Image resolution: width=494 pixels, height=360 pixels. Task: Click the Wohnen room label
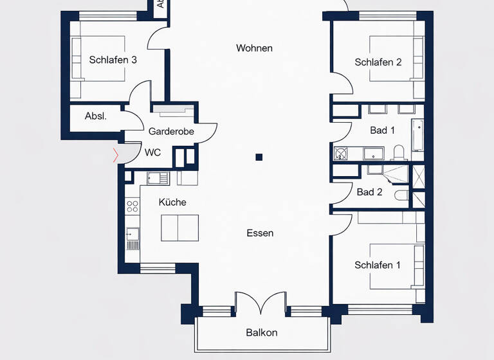coord(254,48)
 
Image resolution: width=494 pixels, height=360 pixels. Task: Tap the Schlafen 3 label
coord(113,60)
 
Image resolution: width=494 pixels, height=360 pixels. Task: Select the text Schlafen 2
coord(378,62)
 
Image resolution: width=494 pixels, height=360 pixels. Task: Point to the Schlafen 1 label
coord(378,265)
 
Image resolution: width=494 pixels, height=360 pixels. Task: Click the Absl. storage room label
coord(96,116)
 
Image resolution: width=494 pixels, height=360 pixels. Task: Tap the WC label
coord(152,152)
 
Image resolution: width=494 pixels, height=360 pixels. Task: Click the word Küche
coord(172,202)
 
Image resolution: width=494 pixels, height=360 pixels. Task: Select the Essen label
coord(260,233)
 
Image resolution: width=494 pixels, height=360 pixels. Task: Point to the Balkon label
coord(262,332)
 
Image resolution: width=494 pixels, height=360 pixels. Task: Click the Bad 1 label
coord(382,130)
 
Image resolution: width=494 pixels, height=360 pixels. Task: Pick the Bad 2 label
coord(369,192)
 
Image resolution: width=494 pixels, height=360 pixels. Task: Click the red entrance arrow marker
coord(116,155)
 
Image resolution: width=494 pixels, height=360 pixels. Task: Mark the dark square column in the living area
coord(259,156)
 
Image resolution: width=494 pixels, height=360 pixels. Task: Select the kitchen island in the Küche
coord(179,227)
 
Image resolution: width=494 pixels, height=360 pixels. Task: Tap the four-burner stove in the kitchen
coord(133,206)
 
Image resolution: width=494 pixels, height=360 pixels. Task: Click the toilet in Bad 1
coord(398,152)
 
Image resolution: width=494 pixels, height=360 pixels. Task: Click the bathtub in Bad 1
coord(417,135)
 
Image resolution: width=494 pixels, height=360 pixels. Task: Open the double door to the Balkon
coord(260,302)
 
